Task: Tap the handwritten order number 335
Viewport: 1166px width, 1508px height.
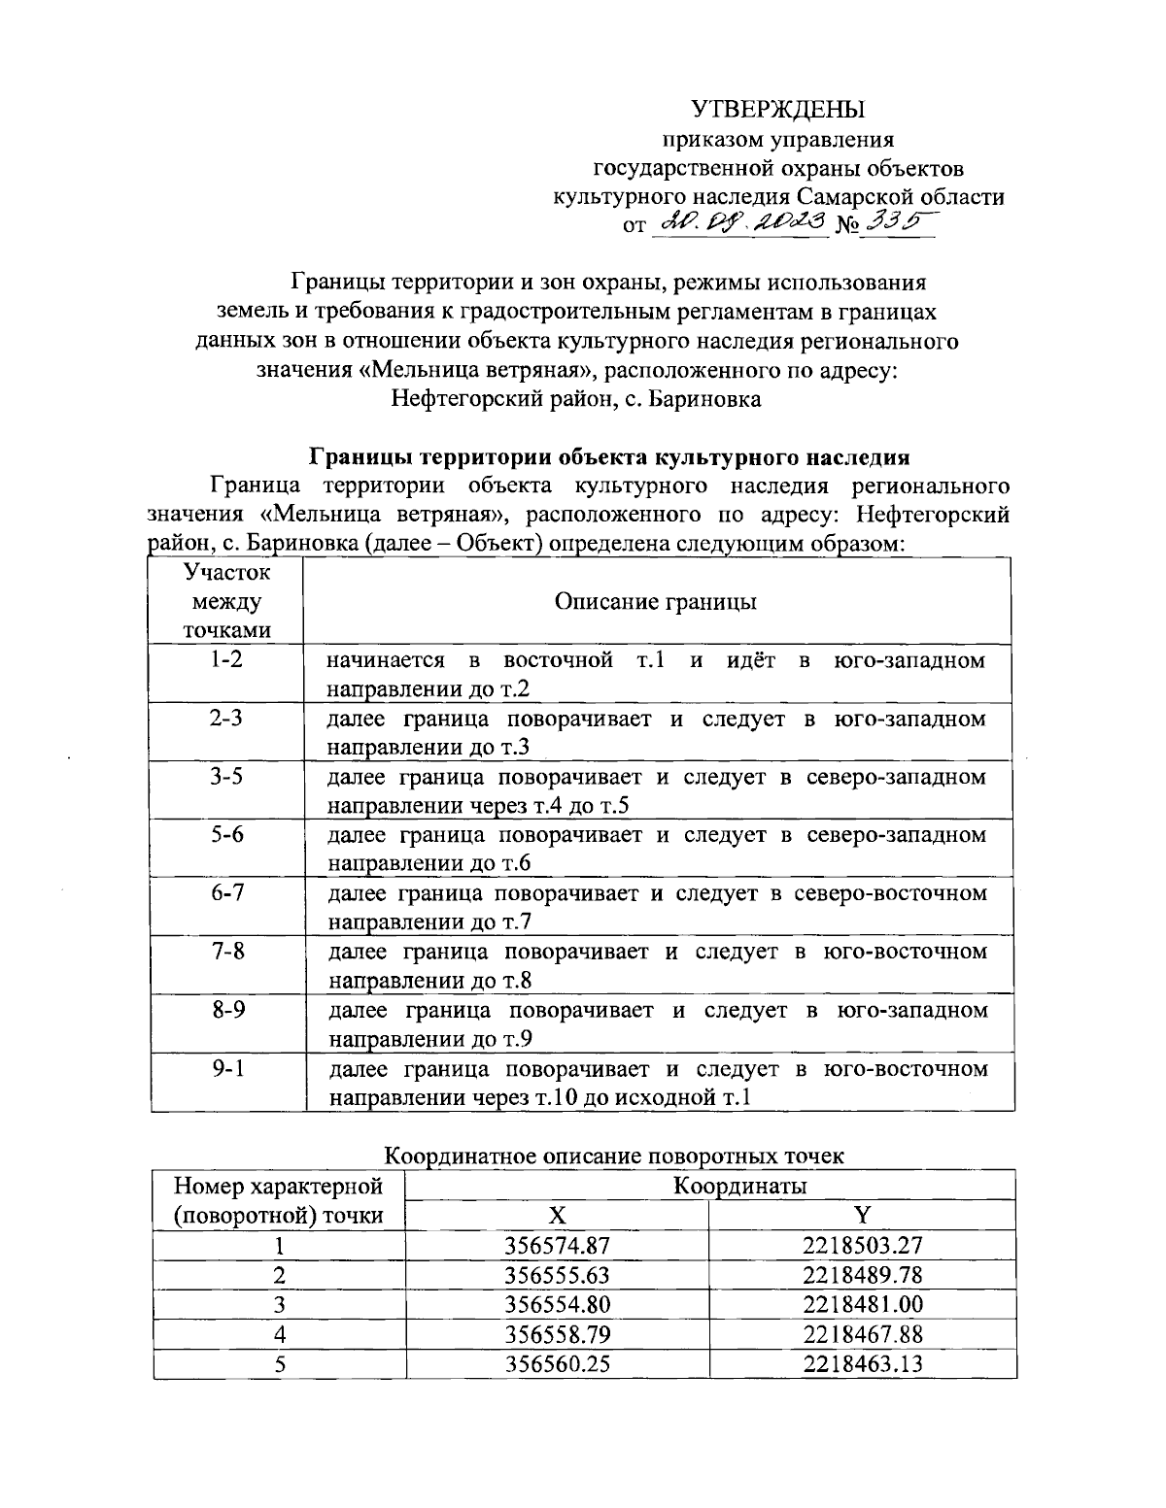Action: coord(895,223)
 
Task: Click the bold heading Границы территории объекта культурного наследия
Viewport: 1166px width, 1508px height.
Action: coord(609,456)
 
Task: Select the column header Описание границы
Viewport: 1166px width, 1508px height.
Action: coord(656,602)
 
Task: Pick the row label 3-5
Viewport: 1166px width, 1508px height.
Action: coord(226,776)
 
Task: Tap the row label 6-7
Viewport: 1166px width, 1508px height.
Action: coord(226,892)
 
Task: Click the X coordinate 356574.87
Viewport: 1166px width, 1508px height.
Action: coord(557,1245)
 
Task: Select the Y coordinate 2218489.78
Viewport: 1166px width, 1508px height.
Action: coord(862,1274)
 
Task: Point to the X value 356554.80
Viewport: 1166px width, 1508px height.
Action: coord(557,1303)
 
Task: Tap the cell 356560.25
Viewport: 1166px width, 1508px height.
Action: coord(557,1363)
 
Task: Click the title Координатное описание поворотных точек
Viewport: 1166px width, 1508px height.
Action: coord(614,1156)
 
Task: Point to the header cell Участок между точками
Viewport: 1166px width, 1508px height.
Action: coord(226,601)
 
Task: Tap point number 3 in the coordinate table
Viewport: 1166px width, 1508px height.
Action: coord(279,1303)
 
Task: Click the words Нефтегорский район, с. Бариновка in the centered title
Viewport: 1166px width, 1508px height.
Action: coord(576,398)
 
